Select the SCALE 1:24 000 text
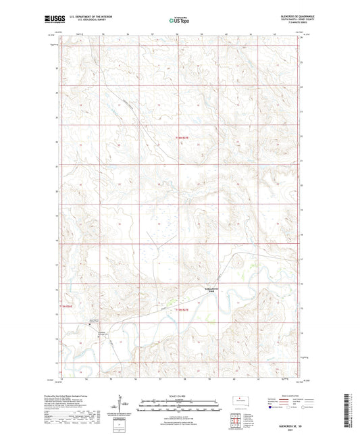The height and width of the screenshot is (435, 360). (179, 396)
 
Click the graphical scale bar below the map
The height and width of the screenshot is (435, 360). (179, 407)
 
